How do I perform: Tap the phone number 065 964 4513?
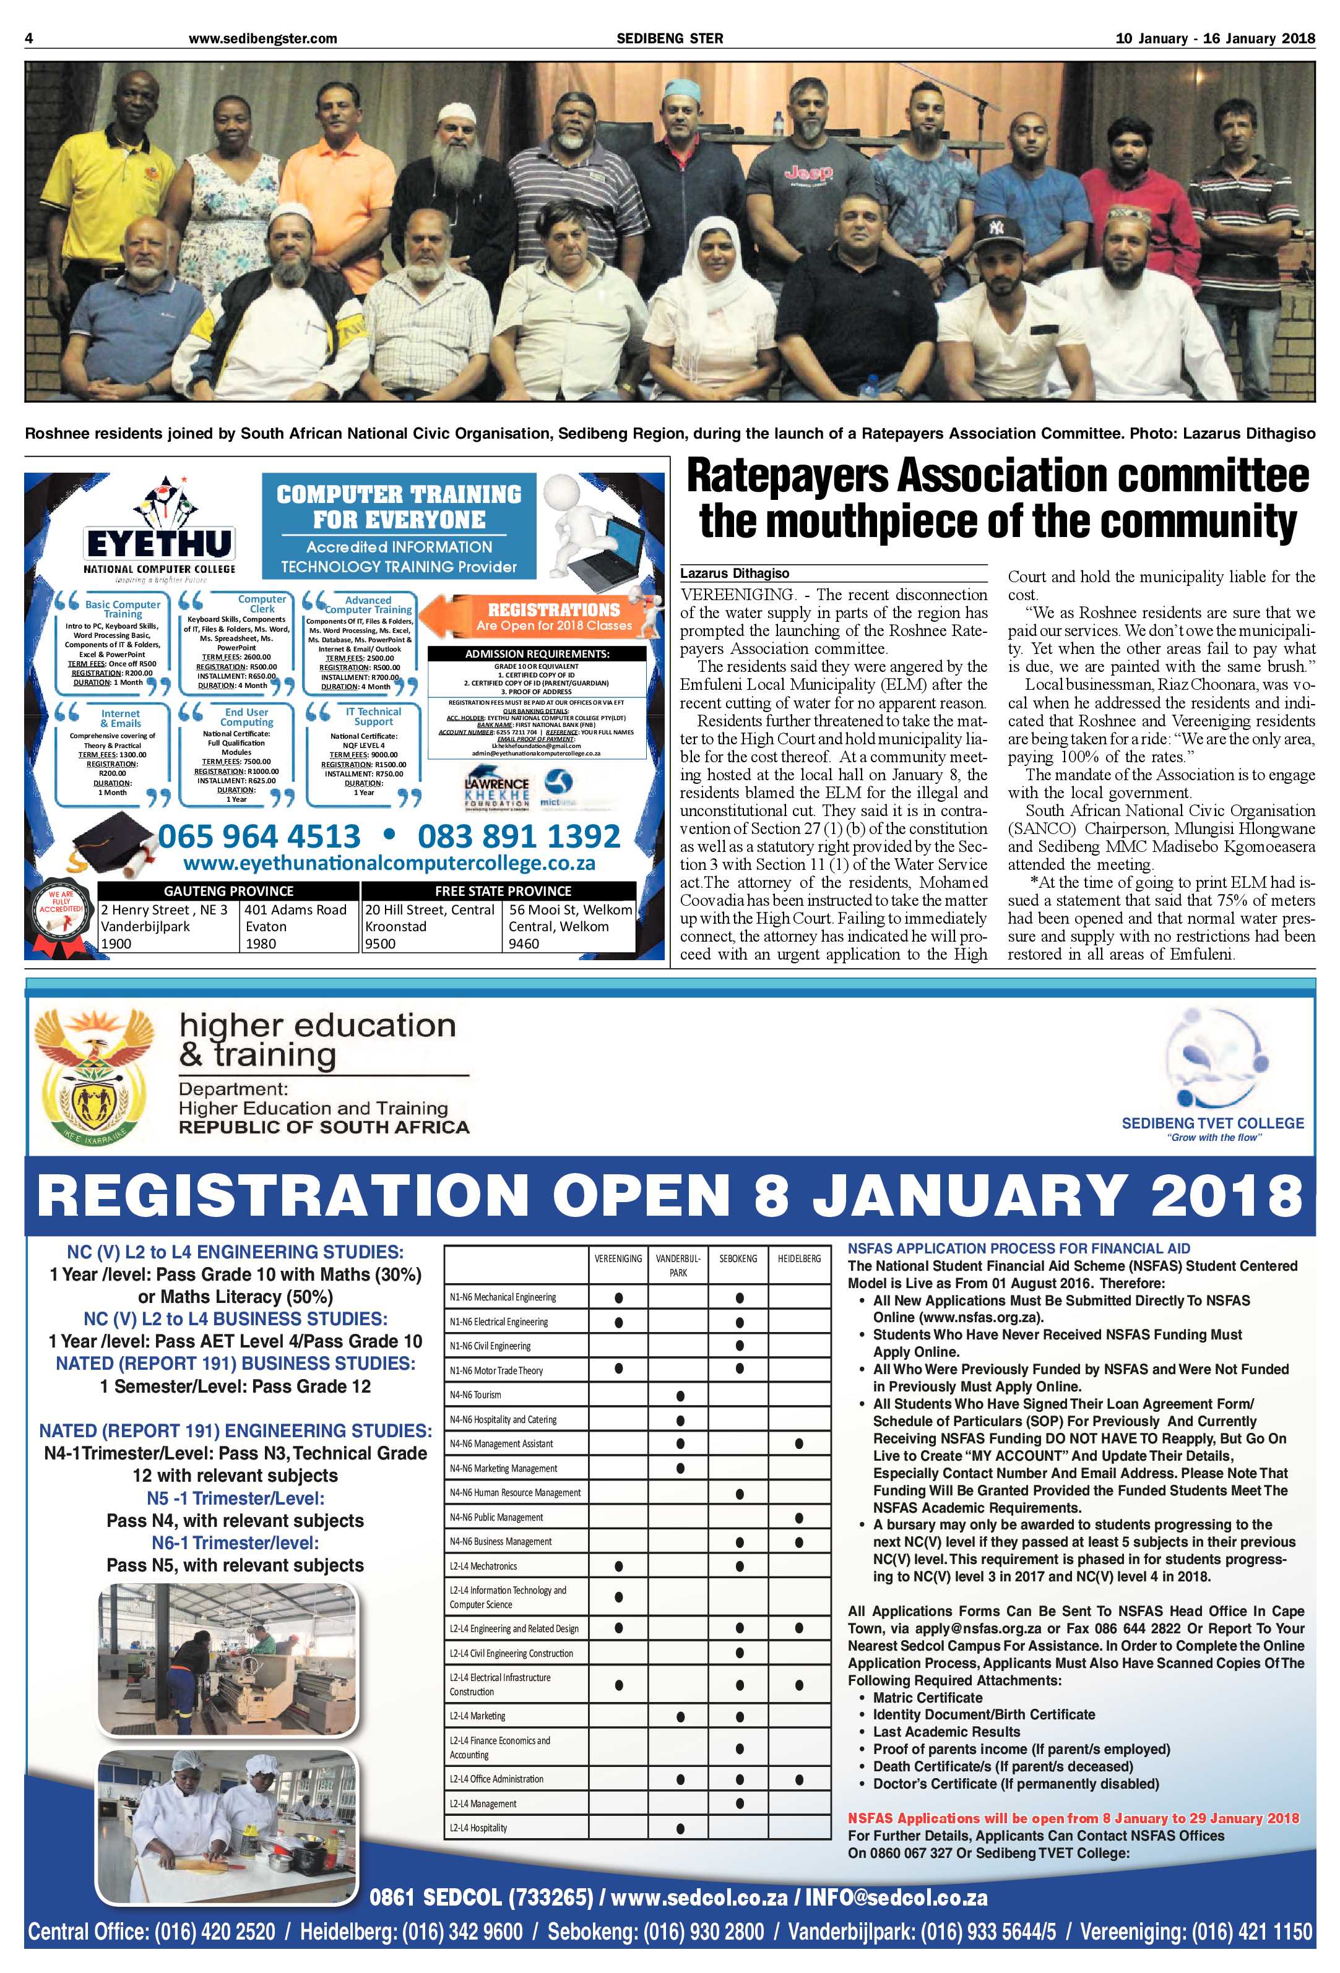[260, 836]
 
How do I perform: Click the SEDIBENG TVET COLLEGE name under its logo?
[1212, 1122]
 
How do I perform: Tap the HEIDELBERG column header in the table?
[798, 1258]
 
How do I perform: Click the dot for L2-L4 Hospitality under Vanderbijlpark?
[680, 1828]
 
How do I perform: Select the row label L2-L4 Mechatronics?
[482, 1565]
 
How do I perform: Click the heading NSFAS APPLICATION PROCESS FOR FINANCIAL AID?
[1018, 1248]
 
